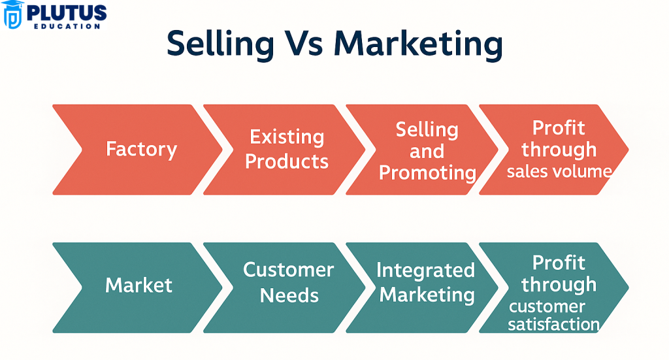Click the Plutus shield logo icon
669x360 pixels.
click(12, 14)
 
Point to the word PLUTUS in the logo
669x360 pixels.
click(67, 13)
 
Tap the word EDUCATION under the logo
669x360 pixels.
click(67, 26)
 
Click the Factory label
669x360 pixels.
click(141, 150)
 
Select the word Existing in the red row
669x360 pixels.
click(287, 137)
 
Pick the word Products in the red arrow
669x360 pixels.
click(287, 161)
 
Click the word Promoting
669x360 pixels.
click(427, 173)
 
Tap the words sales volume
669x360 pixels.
click(559, 171)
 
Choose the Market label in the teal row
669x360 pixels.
click(139, 285)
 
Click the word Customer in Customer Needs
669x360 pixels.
click(288, 270)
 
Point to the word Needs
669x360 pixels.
click(289, 295)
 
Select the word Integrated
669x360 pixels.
click(425, 270)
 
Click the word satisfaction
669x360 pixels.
click(554, 325)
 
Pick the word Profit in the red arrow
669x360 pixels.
click(559, 128)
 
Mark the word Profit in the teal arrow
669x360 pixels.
click(559, 263)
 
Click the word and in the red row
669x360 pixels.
click(427, 152)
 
